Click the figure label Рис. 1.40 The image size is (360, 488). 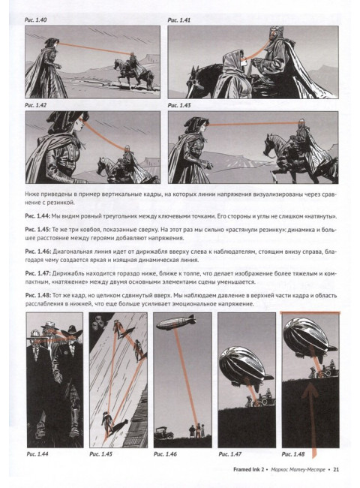tap(35, 20)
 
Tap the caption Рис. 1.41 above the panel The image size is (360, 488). tap(178, 20)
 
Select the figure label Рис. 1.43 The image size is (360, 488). tap(178, 106)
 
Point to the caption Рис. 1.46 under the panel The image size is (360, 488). tap(165, 454)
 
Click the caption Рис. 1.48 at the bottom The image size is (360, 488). tap(293, 454)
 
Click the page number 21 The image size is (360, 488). tap(336, 469)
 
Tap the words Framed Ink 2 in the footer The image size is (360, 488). tap(248, 469)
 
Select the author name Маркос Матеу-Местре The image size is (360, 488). tap(298, 469)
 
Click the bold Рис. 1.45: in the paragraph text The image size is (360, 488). tap(37, 230)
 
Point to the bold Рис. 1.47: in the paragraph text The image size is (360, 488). tap(37, 273)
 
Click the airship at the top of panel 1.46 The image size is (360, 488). tap(176, 323)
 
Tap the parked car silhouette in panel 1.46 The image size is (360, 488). tap(163, 432)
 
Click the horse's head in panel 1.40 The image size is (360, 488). tap(117, 65)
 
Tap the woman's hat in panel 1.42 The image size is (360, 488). tap(67, 117)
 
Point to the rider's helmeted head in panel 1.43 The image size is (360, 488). tap(301, 123)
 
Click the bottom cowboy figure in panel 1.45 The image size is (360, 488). tap(106, 423)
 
